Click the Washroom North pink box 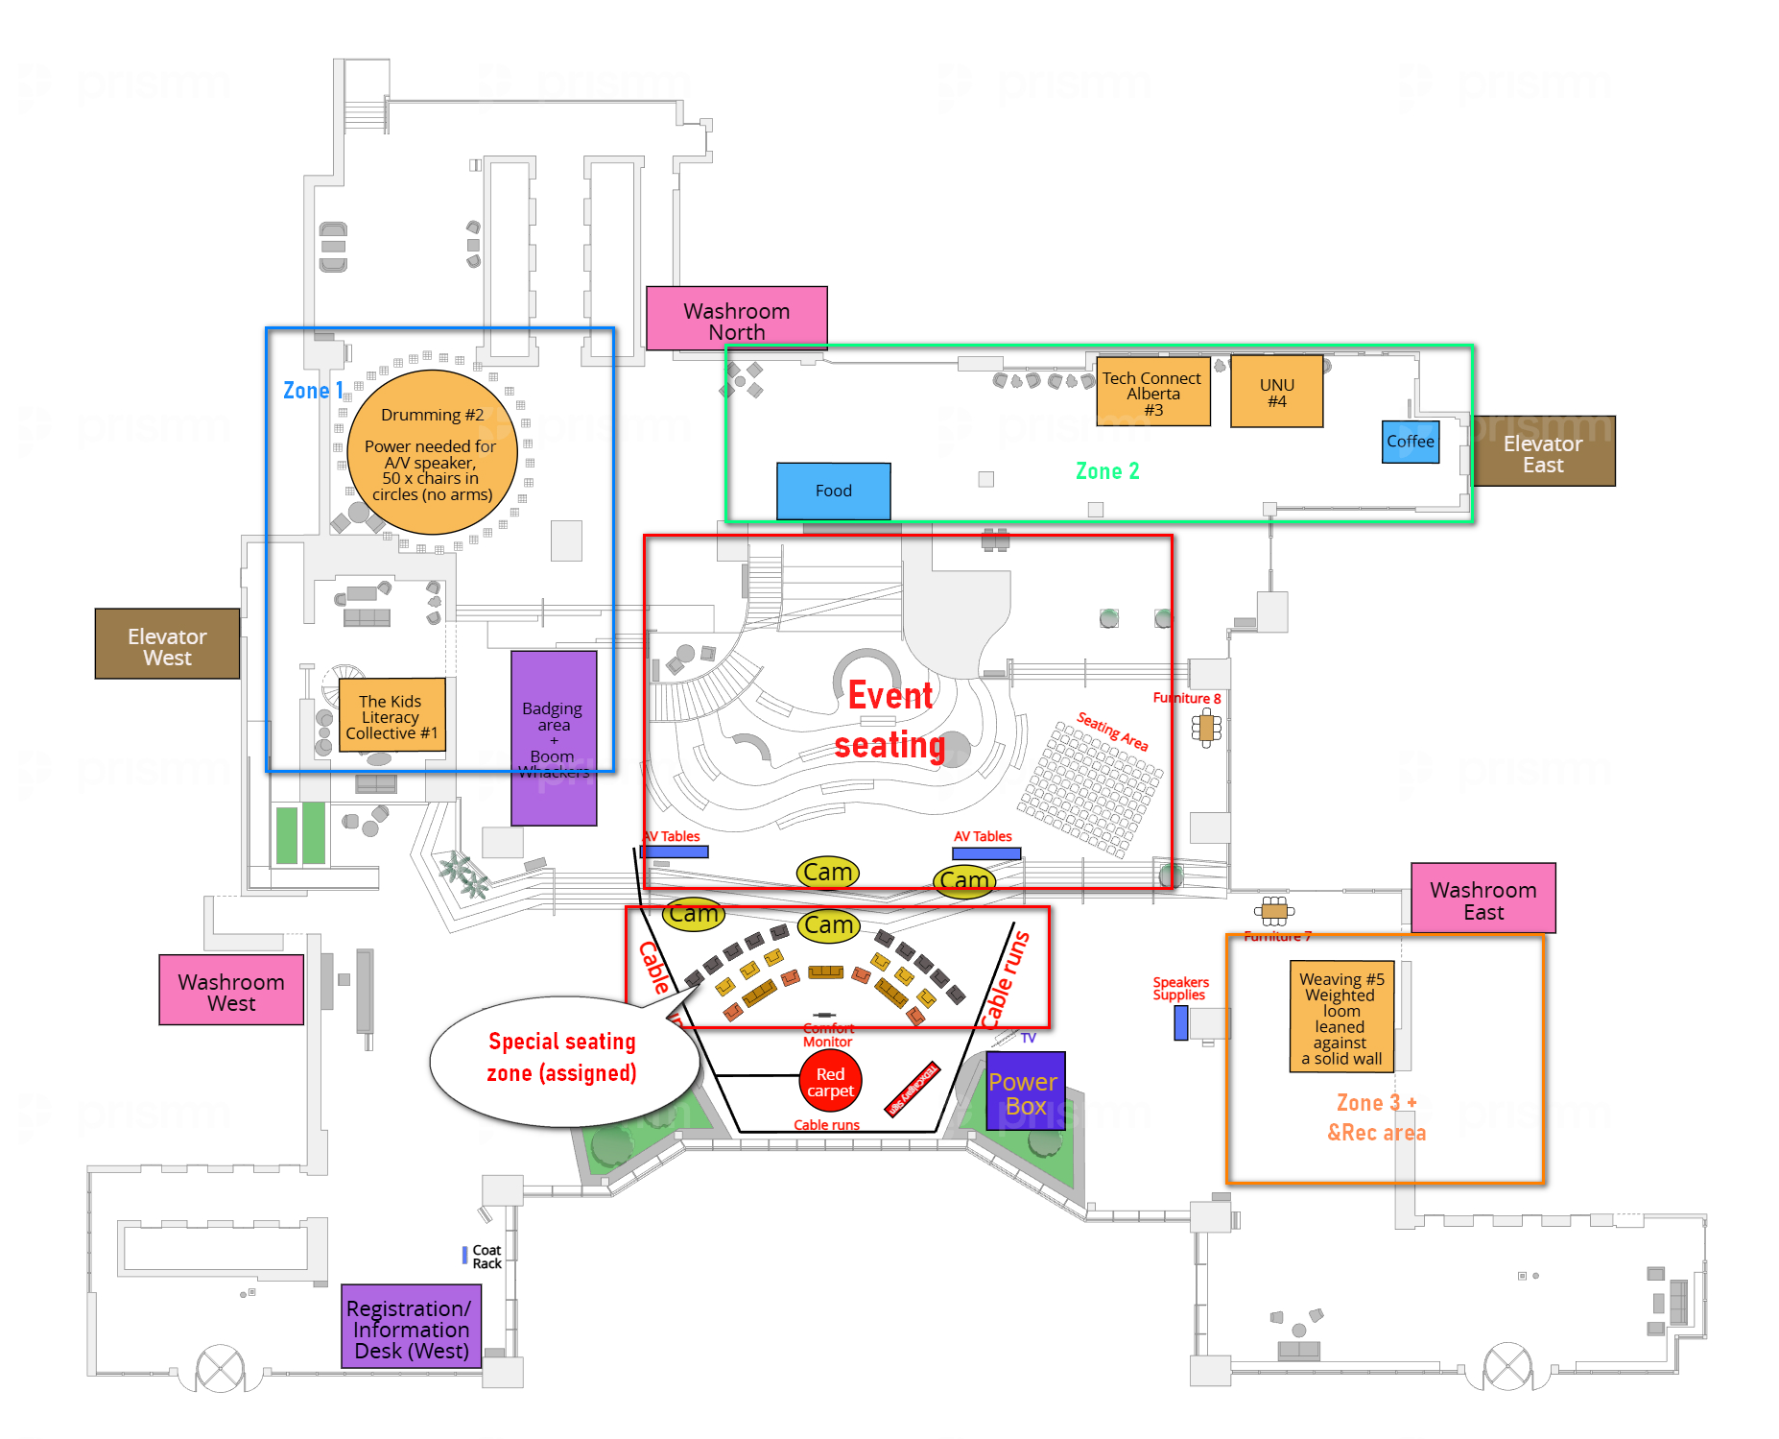pyautogui.click(x=736, y=319)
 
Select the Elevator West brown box pyautogui.click(x=167, y=644)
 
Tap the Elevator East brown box pyautogui.click(x=1543, y=451)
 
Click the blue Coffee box pyautogui.click(x=1410, y=442)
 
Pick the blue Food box pyautogui.click(x=833, y=491)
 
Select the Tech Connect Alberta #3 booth pyautogui.click(x=1152, y=392)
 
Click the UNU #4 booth pyautogui.click(x=1276, y=392)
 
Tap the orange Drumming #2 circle pyautogui.click(x=432, y=452)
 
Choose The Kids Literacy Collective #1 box pyautogui.click(x=391, y=716)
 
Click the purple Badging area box pyautogui.click(x=554, y=736)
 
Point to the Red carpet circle pyautogui.click(x=830, y=1081)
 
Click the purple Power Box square pyautogui.click(x=1025, y=1091)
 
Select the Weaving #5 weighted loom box pyautogui.click(x=1341, y=1017)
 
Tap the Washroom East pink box pyautogui.click(x=1482, y=899)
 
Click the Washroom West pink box pyautogui.click(x=231, y=990)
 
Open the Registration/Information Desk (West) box pyautogui.click(x=411, y=1328)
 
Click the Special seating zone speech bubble pyautogui.click(x=562, y=1059)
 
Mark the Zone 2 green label pyautogui.click(x=1107, y=471)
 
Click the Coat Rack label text pyautogui.click(x=486, y=1257)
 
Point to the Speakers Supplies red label pyautogui.click(x=1180, y=989)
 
